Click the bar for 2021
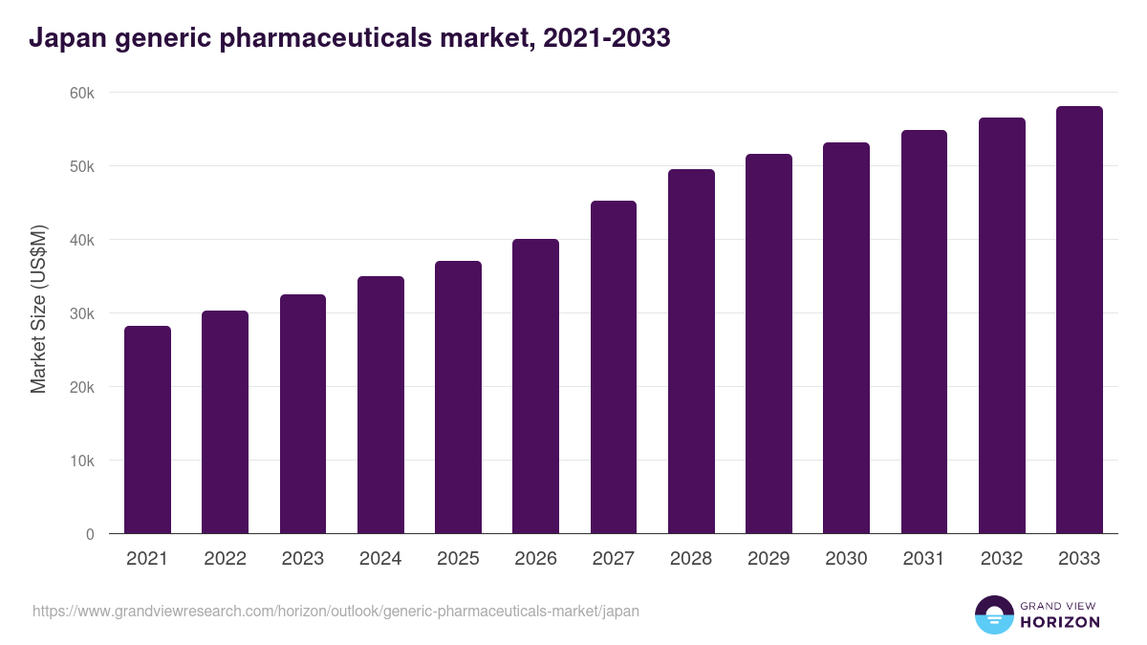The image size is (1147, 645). [x=147, y=430]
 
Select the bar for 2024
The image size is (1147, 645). [x=380, y=405]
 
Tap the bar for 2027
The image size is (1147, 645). [x=614, y=367]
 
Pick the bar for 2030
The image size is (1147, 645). [x=846, y=338]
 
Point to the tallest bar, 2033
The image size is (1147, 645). [x=1079, y=320]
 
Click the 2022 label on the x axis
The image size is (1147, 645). [x=225, y=559]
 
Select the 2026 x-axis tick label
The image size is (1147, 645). [x=535, y=559]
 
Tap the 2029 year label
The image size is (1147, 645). [x=768, y=559]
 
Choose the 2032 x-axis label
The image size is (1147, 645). [x=1002, y=559]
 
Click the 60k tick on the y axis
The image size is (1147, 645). [x=81, y=93]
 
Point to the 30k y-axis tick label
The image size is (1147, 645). [x=81, y=313]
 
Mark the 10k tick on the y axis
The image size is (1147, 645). [x=81, y=461]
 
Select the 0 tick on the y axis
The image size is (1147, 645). [x=90, y=534]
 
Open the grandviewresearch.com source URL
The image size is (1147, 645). [x=335, y=611]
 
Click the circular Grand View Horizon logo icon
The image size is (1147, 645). [x=993, y=614]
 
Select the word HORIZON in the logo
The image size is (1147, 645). [x=1059, y=622]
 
